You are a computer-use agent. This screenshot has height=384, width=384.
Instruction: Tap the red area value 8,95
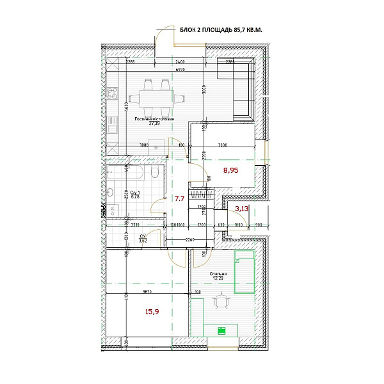coord(231,170)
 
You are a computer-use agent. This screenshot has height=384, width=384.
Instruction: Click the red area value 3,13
coord(242,208)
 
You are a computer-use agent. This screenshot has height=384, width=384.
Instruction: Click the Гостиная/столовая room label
coord(154,120)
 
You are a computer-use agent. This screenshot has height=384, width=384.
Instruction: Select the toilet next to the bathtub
coord(154,173)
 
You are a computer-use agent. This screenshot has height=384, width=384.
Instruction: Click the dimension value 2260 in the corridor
coord(189,239)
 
